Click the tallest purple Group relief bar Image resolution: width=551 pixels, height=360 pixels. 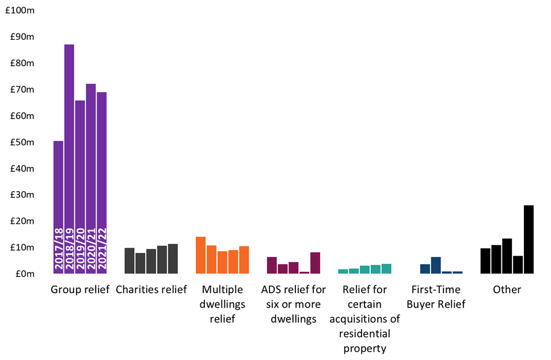click(x=69, y=159)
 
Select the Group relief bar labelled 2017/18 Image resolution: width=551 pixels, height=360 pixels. click(x=58, y=207)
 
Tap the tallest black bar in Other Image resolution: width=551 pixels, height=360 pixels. click(x=529, y=240)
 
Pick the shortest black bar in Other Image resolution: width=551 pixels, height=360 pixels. click(x=518, y=265)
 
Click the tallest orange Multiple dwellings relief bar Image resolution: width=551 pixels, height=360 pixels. click(x=200, y=255)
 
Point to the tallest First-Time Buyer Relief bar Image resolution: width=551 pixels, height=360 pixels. click(x=436, y=266)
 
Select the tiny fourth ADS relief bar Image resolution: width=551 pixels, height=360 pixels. click(x=305, y=272)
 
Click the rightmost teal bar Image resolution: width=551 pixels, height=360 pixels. click(x=386, y=268)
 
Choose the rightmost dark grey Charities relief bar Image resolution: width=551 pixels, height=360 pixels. click(x=173, y=259)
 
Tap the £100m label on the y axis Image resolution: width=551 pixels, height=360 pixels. click(x=20, y=10)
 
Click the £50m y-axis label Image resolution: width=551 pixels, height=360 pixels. click(x=22, y=142)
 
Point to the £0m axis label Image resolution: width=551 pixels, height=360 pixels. click(x=25, y=274)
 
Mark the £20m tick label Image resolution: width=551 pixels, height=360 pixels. click(x=22, y=221)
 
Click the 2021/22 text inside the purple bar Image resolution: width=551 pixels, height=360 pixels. click(x=101, y=249)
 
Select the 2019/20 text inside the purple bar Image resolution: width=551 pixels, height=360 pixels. click(x=80, y=249)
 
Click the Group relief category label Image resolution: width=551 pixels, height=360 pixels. click(x=80, y=290)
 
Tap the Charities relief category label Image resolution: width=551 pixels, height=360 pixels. click(x=151, y=290)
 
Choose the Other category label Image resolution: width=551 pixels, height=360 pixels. click(x=507, y=290)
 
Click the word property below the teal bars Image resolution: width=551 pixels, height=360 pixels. click(x=365, y=348)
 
